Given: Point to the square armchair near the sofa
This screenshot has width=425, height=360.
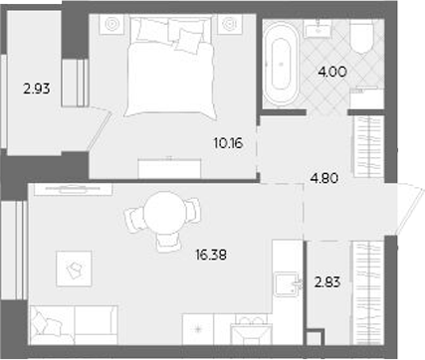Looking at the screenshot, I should click(75, 265).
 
